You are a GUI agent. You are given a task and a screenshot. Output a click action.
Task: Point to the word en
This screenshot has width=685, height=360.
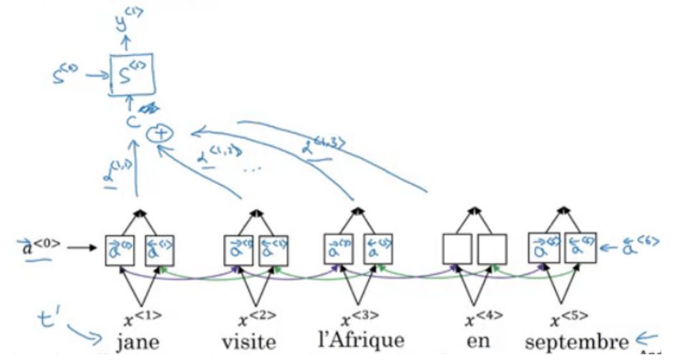coord(478,341)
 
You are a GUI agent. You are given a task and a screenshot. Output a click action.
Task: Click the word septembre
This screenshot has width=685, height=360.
coord(576,340)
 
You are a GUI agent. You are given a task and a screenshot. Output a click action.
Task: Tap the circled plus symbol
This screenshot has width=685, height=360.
coord(157,134)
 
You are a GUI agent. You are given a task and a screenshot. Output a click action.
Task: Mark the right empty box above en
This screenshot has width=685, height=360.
coord(492,248)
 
